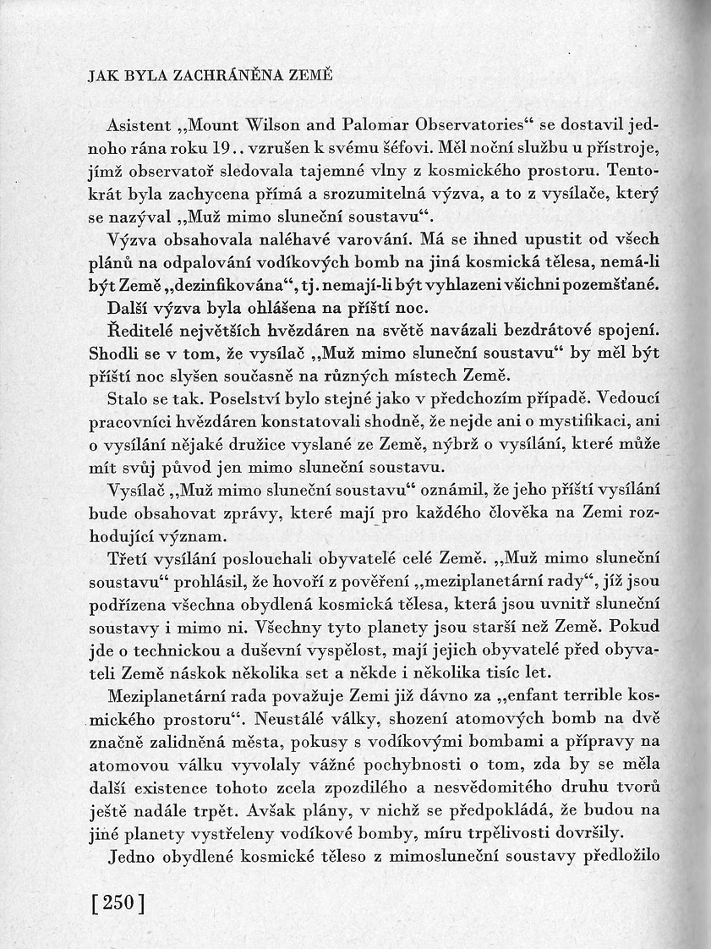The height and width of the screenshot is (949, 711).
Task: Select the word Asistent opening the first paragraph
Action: (140, 125)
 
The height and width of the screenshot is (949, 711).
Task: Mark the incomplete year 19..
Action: (220, 147)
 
